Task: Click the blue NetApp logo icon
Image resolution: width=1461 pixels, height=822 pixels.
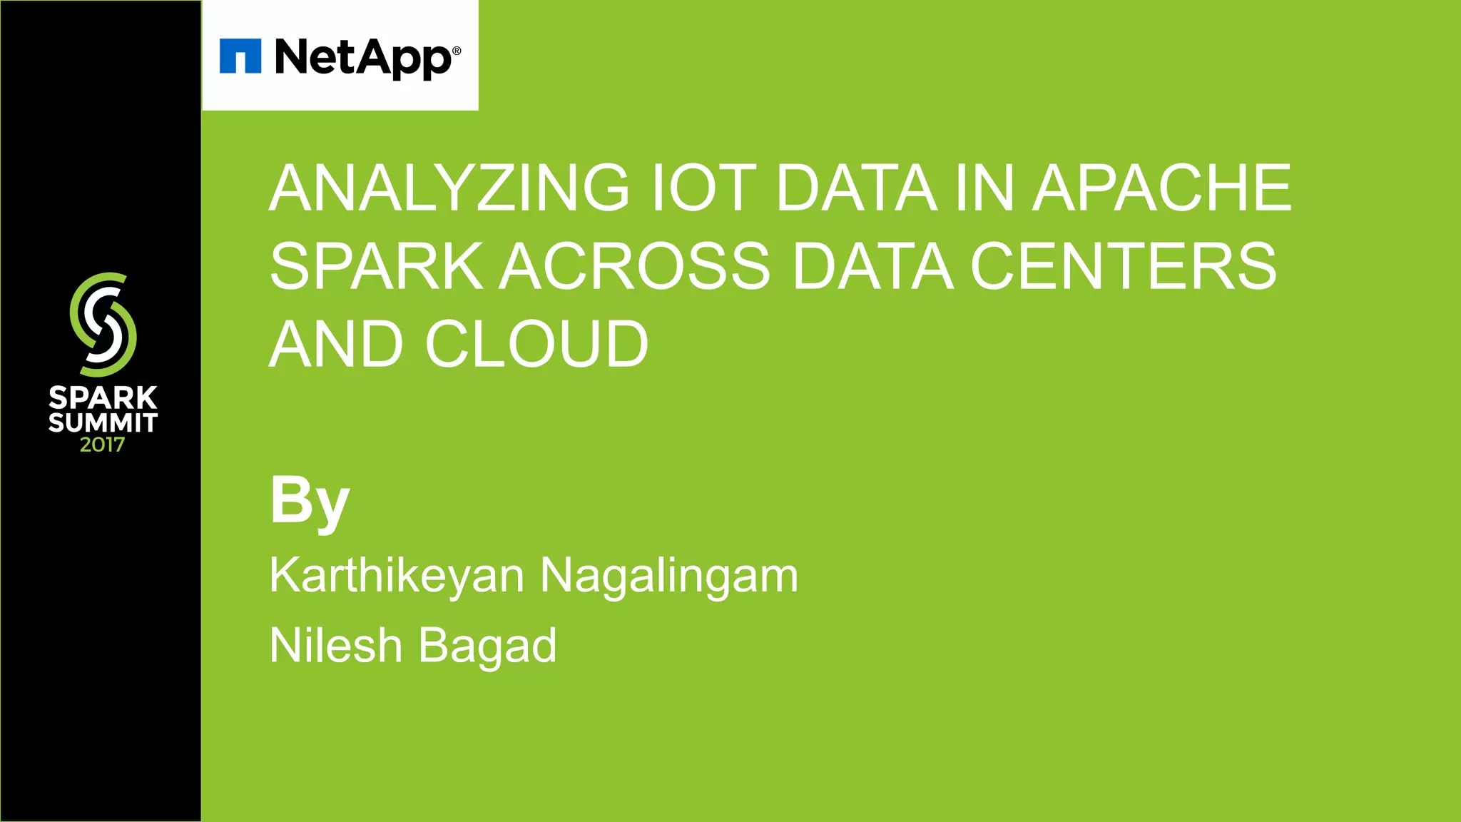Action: click(240, 56)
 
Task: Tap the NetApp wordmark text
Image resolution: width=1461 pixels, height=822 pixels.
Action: click(362, 58)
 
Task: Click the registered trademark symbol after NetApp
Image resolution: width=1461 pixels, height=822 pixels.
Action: click(457, 51)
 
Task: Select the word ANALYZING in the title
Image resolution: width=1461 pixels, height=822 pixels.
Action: click(449, 188)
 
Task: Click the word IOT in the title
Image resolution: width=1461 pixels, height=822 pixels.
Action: click(703, 188)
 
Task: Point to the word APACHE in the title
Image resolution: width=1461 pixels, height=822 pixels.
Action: click(1162, 188)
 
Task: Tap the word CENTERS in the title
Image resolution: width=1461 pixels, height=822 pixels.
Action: click(1123, 266)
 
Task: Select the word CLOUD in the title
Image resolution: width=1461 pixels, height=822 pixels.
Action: click(536, 345)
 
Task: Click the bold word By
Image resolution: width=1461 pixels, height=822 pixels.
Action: click(310, 501)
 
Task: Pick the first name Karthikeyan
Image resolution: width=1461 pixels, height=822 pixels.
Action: click(397, 575)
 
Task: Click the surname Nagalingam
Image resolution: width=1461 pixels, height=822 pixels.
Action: click(669, 575)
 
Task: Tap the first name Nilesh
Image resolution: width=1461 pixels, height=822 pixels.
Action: click(335, 645)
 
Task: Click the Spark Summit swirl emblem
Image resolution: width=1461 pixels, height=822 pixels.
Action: click(103, 325)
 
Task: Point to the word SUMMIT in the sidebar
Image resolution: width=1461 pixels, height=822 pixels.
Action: click(103, 422)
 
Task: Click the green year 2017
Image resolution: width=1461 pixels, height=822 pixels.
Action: click(102, 445)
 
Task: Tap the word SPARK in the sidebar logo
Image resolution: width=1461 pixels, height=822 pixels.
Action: click(103, 397)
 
